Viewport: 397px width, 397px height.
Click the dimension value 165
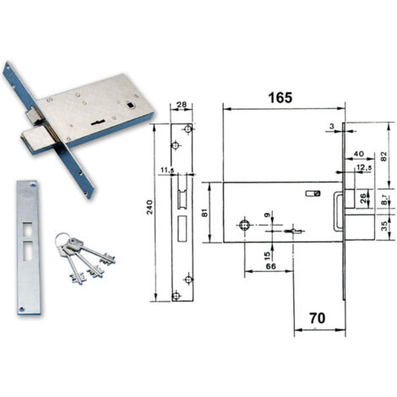point(280,98)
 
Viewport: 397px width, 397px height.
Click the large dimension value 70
point(318,318)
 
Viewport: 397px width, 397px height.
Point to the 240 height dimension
point(150,207)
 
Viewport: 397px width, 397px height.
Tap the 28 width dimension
point(182,105)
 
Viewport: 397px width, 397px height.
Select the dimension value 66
point(270,266)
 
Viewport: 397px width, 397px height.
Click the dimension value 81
point(205,212)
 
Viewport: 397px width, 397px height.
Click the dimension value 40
point(359,154)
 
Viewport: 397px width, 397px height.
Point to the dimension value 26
point(363,198)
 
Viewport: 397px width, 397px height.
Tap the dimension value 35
point(384,226)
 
